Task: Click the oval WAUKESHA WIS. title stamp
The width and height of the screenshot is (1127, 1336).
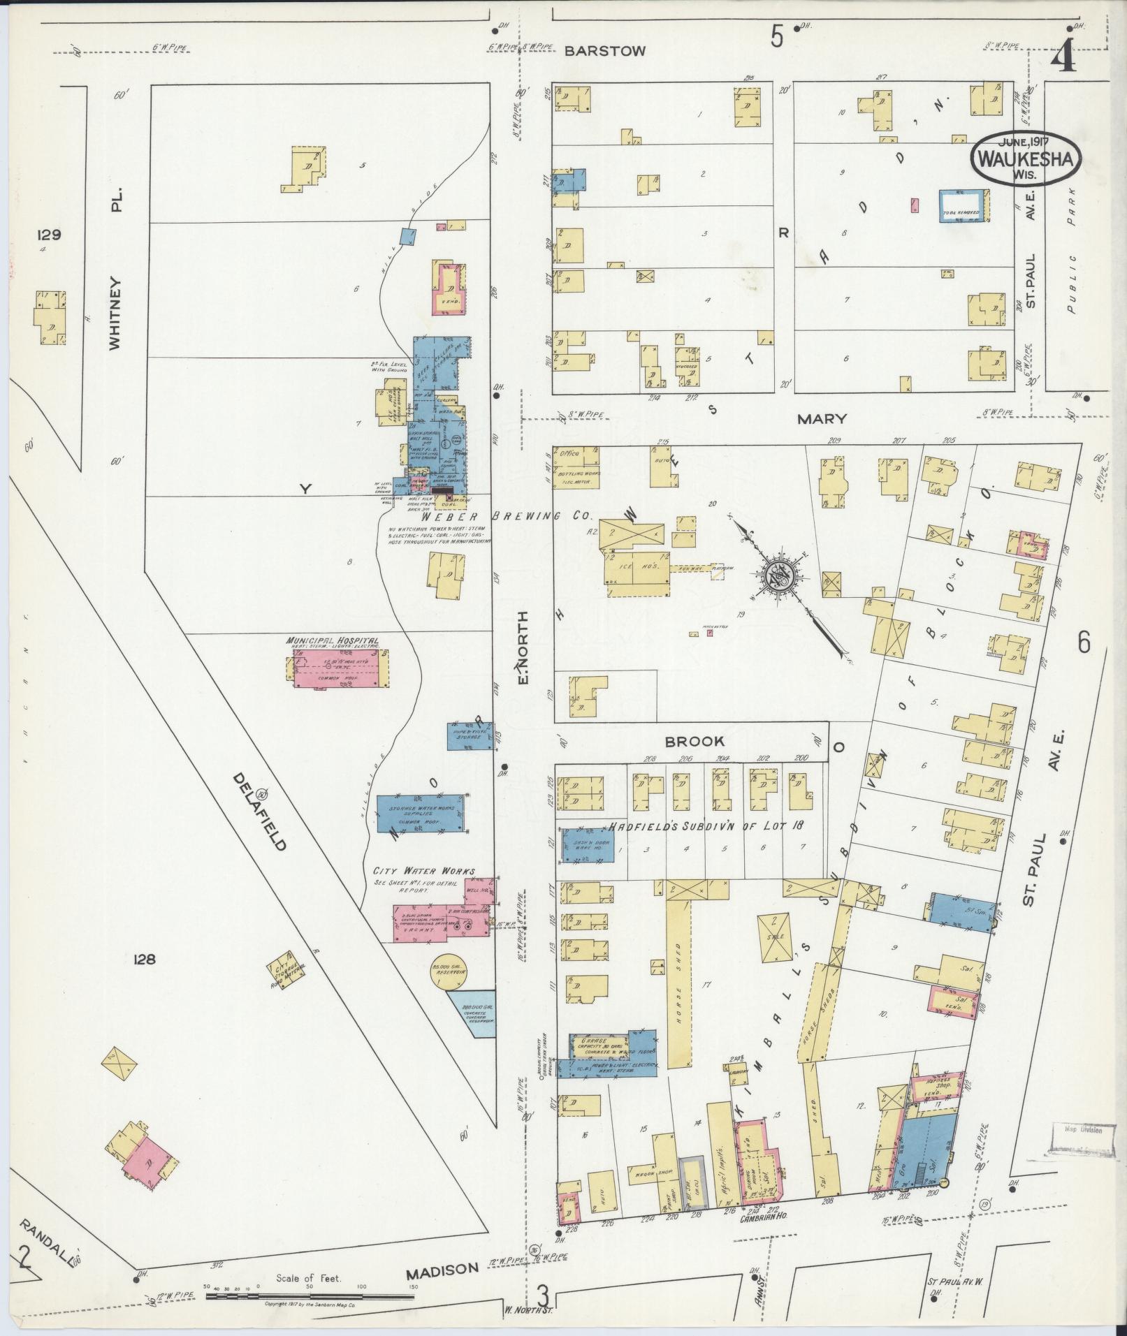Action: coord(1025,158)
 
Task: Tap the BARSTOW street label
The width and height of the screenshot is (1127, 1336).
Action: coord(605,51)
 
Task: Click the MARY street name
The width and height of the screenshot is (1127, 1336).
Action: coord(822,419)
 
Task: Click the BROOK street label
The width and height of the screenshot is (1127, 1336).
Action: coord(695,741)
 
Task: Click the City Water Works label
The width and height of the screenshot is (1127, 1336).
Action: coord(423,871)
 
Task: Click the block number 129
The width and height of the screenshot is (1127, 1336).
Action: coord(50,235)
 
